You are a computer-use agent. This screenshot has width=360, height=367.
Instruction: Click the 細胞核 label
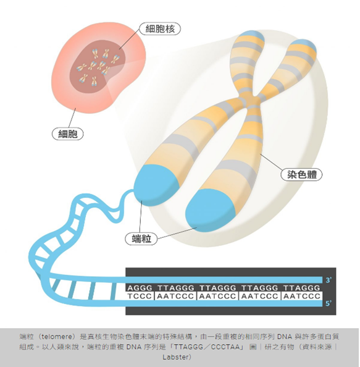tap(160, 29)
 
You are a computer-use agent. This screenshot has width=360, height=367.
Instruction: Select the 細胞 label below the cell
tap(67, 134)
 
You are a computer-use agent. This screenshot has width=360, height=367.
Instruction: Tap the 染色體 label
tap(301, 175)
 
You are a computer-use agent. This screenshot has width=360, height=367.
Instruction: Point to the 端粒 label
tap(141, 239)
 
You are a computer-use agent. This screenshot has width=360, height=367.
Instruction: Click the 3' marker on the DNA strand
tap(329, 280)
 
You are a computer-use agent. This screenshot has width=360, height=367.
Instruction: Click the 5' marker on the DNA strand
tap(329, 303)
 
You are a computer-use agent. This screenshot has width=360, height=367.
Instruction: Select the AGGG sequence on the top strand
tap(140, 288)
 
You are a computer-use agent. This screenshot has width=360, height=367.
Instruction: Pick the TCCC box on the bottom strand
tap(140, 296)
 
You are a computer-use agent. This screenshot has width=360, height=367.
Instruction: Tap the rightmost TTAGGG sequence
tap(301, 288)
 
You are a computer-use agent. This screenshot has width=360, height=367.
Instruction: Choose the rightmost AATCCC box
tap(301, 296)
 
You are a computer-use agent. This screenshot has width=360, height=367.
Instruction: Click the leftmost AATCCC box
tap(175, 296)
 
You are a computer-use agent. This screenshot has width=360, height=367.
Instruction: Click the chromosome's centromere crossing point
tap(252, 101)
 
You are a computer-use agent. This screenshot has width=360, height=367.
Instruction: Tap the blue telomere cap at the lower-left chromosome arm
tap(156, 185)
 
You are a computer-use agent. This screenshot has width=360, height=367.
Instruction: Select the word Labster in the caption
tap(175, 357)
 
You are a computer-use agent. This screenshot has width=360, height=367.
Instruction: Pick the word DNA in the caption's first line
tap(285, 337)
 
